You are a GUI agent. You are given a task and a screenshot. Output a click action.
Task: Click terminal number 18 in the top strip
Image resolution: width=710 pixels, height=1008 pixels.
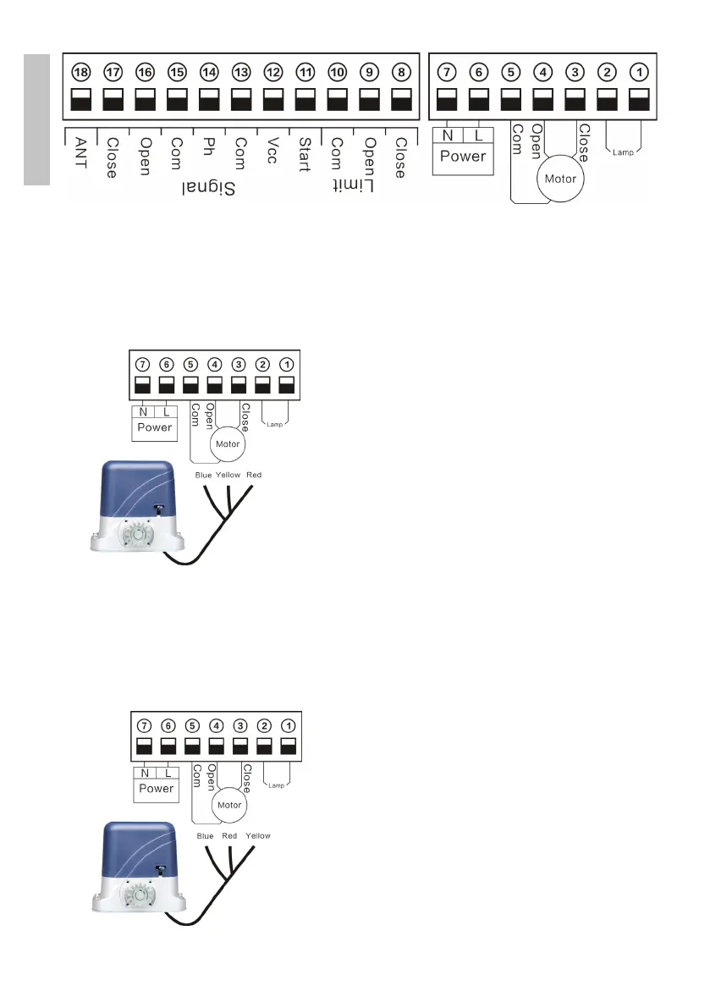pyautogui.click(x=81, y=72)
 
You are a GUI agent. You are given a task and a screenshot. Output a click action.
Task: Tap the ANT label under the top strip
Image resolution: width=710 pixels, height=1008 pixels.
pyautogui.click(x=81, y=152)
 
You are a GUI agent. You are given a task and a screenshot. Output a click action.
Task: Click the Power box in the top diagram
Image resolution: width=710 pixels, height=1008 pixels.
pyautogui.click(x=463, y=157)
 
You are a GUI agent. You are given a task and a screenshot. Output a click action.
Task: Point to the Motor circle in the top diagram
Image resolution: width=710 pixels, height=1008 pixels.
pyautogui.click(x=560, y=179)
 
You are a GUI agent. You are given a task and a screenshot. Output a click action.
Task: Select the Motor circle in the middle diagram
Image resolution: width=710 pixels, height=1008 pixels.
pyautogui.click(x=227, y=444)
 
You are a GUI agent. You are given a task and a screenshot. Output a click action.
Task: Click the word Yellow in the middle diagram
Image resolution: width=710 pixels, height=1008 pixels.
pyautogui.click(x=228, y=475)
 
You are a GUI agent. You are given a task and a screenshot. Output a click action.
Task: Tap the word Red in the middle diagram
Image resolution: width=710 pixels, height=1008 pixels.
pyautogui.click(x=254, y=475)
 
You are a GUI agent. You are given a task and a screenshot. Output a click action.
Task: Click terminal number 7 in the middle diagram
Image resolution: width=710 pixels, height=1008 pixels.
pyautogui.click(x=142, y=365)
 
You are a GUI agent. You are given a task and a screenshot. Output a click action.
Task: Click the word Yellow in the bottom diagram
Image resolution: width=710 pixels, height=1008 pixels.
pyautogui.click(x=257, y=835)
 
